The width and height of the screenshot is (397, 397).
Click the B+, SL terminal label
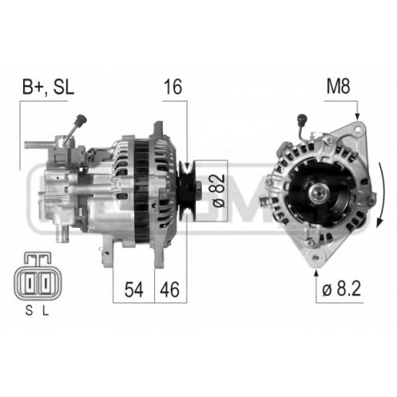pos(48,87)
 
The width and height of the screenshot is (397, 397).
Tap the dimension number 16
pos(173,87)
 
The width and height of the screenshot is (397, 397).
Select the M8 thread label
pos(338,87)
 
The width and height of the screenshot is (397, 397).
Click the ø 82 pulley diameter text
pos(219,191)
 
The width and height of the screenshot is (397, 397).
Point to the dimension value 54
pos(134,290)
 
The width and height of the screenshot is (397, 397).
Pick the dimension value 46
pos(170,290)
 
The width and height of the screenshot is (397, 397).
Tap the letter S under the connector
pos(29,311)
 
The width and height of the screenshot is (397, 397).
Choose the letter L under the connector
pos(46,311)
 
